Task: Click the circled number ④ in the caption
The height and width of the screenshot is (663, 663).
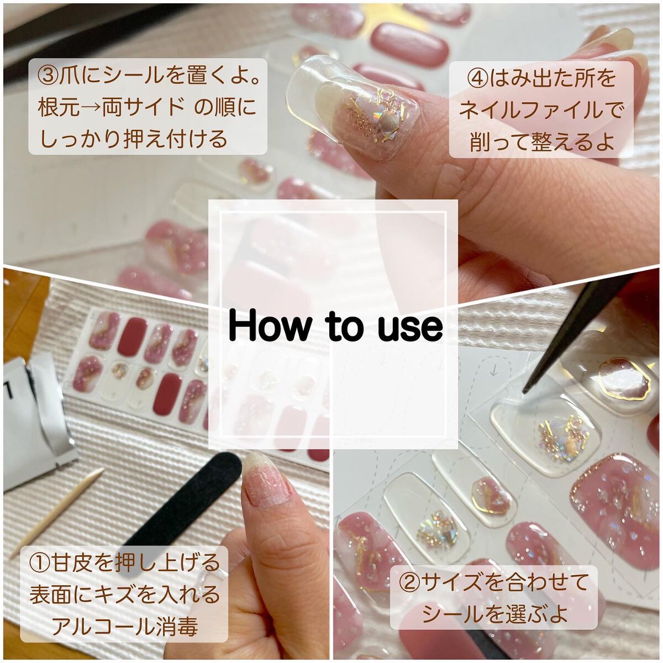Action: (476, 78)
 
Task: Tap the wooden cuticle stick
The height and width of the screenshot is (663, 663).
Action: (55, 514)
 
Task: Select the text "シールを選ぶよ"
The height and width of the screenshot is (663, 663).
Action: (494, 613)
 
